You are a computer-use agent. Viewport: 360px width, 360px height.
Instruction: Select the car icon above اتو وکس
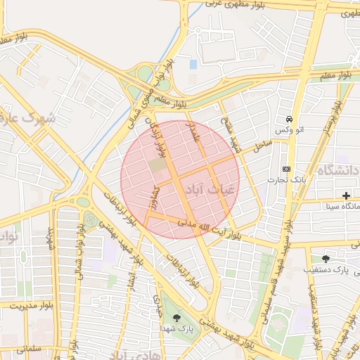tap(288, 120)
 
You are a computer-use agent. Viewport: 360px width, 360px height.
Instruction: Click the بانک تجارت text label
tap(284, 180)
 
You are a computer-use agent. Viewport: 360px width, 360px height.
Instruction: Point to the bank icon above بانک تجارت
tap(285, 169)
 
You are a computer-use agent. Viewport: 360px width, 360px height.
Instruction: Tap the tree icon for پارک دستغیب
tap(325, 258)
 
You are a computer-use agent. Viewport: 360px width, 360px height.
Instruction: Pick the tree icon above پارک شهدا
tap(176, 318)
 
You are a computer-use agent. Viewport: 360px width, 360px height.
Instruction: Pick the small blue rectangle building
tap(193, 65)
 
